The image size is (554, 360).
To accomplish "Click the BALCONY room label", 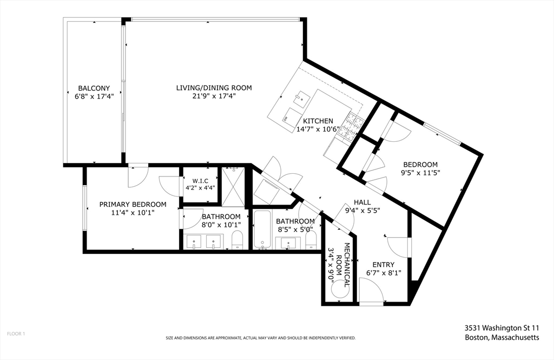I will tap(94, 88).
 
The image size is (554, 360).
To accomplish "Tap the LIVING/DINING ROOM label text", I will tap(214, 88).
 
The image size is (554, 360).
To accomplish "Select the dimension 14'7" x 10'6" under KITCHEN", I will tap(318, 129).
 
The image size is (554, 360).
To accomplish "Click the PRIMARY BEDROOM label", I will tap(133, 204).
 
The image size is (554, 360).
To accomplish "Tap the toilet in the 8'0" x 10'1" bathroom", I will tap(238, 239).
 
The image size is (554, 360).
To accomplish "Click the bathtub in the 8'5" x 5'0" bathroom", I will tap(263, 230).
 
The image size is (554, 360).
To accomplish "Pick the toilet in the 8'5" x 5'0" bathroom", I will tap(310, 239).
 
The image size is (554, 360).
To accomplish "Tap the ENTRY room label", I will tap(384, 264).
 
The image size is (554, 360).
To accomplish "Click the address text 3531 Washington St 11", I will tap(502, 328).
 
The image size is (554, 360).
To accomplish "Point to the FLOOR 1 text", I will tap(16, 334).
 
